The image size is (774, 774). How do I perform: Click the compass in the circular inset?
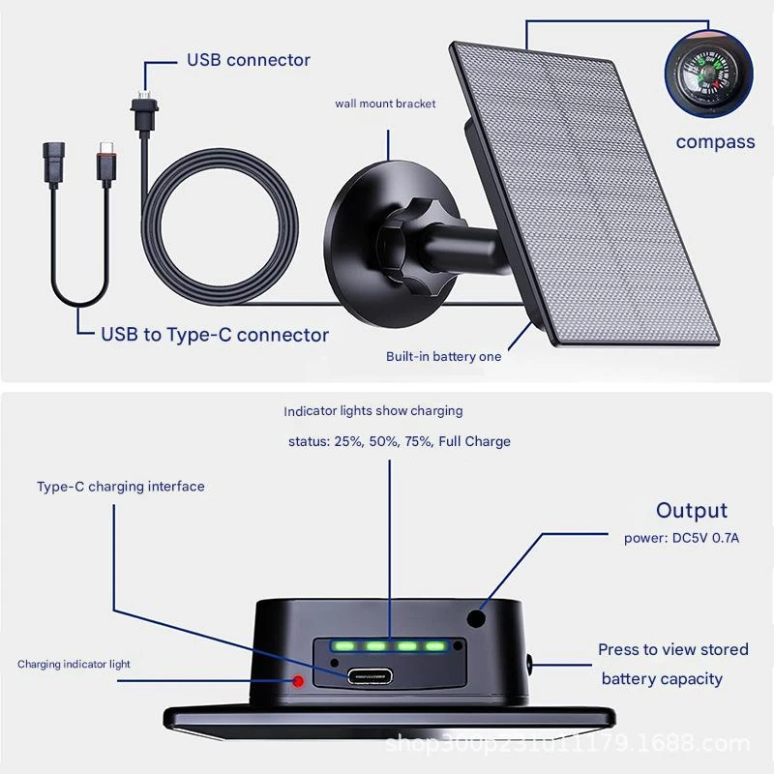(708, 74)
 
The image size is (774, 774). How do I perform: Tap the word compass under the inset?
(715, 142)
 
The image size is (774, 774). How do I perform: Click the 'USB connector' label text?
(249, 60)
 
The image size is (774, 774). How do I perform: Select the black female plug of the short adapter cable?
(54, 162)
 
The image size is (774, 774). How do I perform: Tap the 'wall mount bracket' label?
(385, 104)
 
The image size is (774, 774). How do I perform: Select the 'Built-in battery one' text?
(443, 356)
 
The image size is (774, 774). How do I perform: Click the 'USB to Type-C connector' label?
(215, 335)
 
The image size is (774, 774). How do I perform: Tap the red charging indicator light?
(298, 681)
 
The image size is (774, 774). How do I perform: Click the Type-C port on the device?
(370, 676)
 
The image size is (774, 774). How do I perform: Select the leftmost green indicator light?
(343, 645)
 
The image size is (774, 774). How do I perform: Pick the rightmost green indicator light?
(434, 645)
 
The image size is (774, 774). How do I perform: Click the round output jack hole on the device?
(476, 618)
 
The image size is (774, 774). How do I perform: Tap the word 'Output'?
(692, 511)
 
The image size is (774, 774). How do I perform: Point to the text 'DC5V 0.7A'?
(705, 538)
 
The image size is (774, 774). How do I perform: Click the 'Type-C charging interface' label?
(120, 487)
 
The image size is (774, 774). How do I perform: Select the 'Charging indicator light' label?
(74, 665)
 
